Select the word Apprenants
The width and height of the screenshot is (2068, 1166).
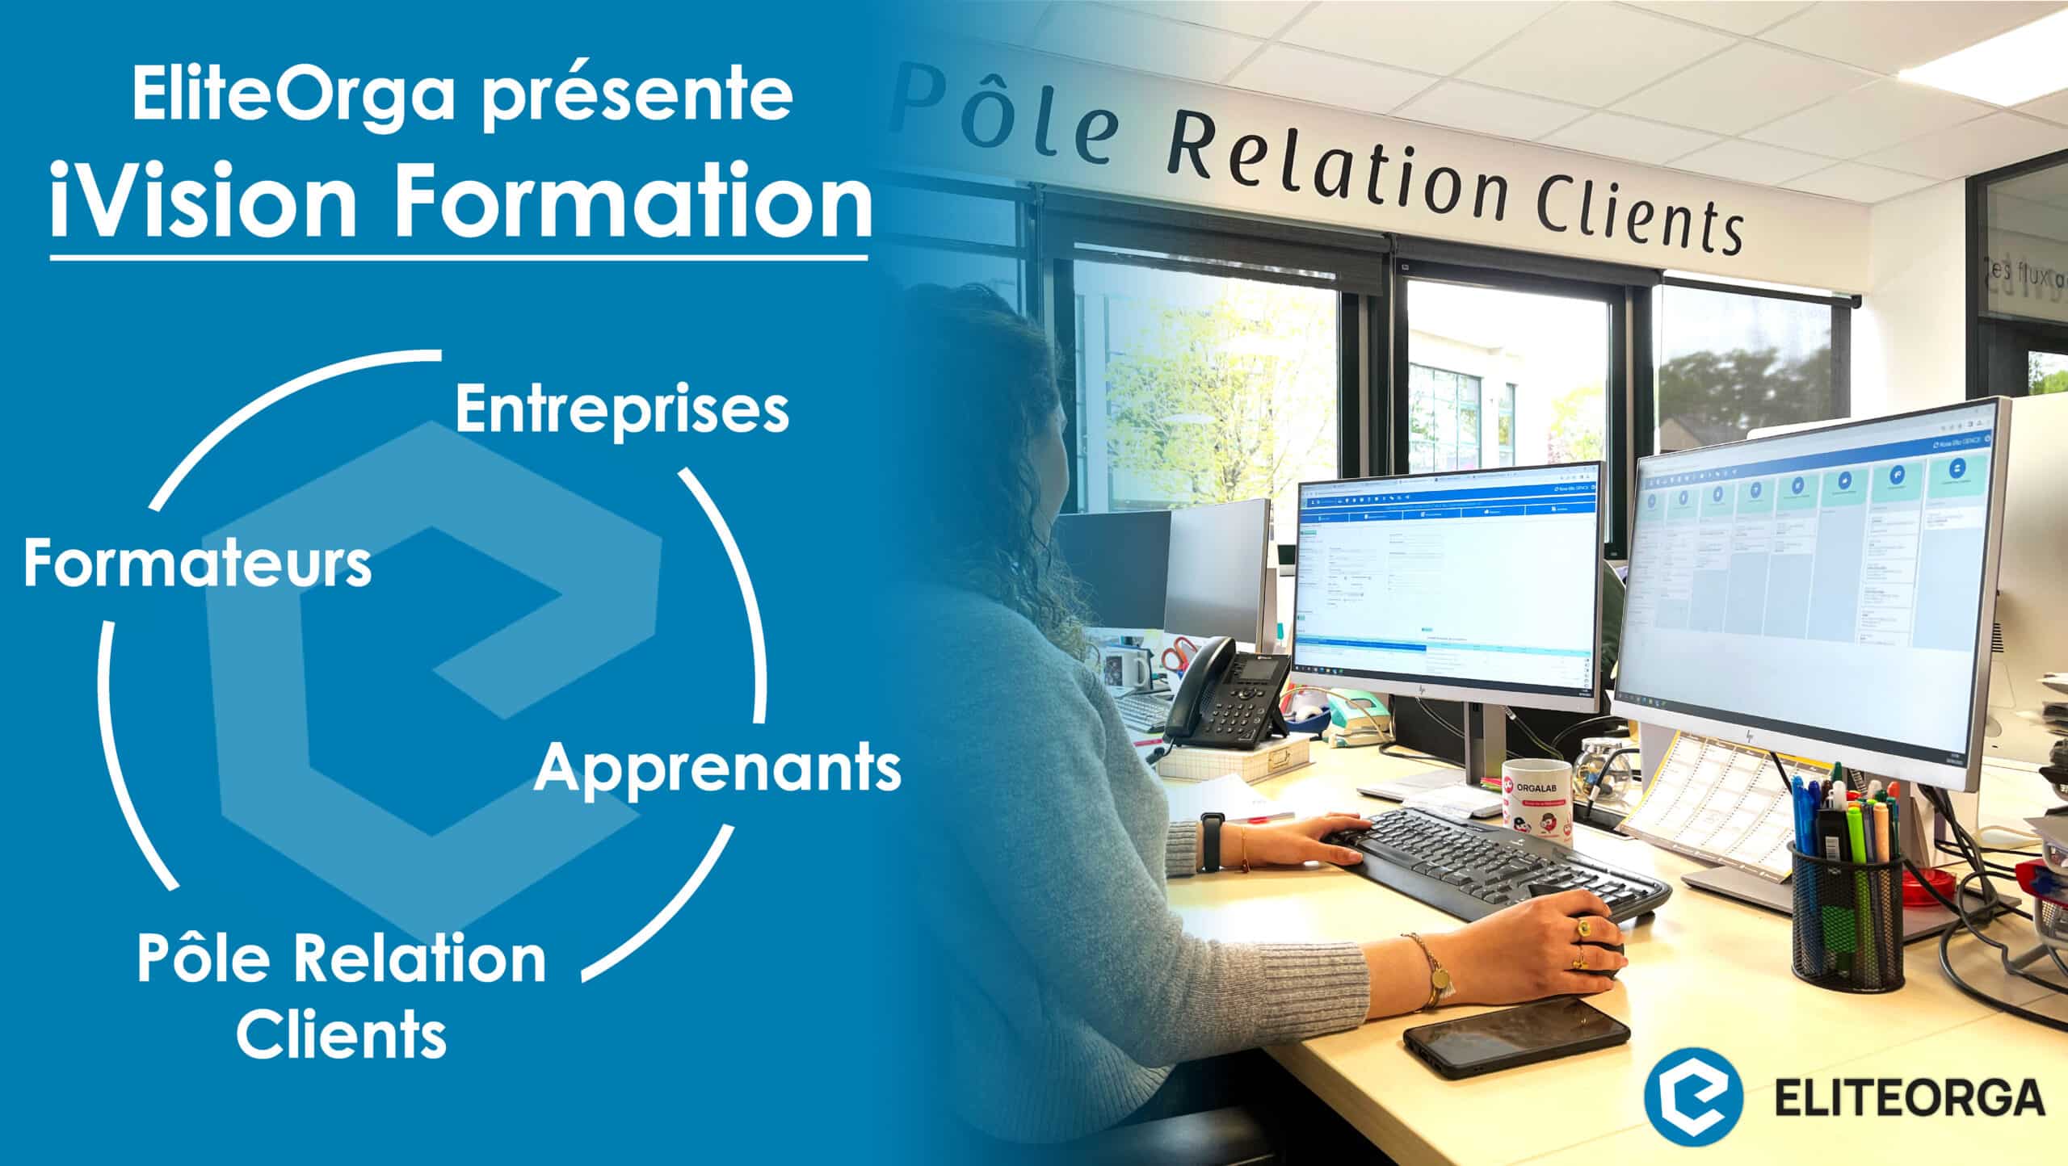coord(717,769)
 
